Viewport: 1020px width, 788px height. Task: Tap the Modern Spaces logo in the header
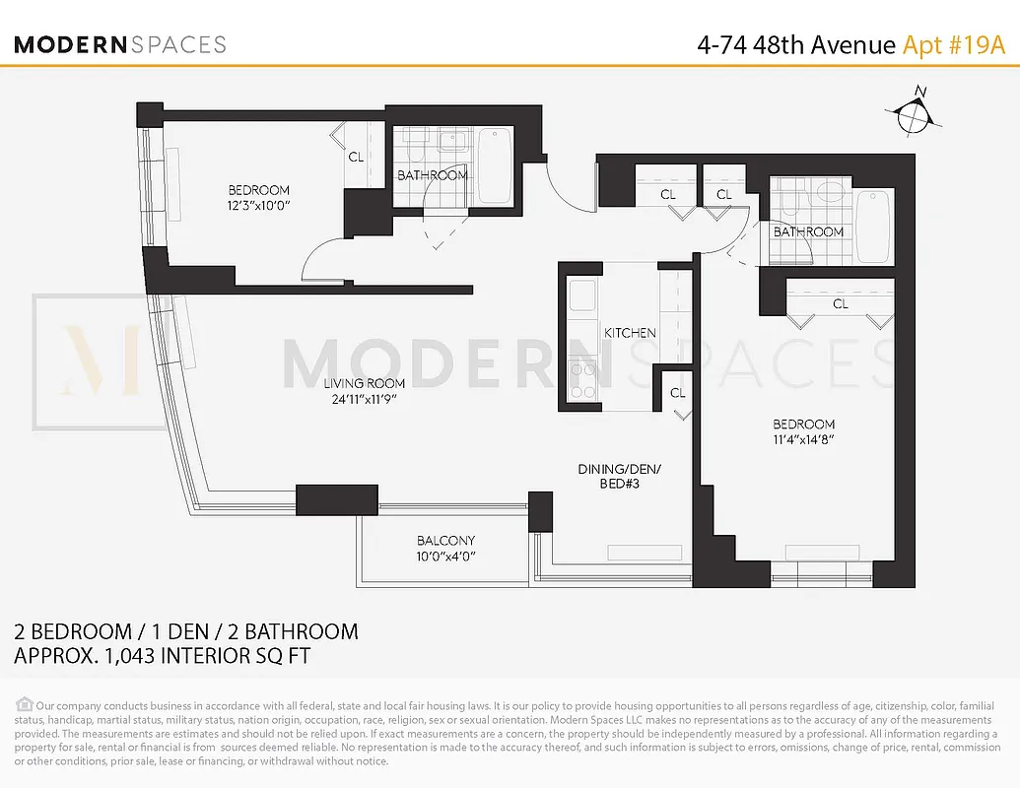click(120, 44)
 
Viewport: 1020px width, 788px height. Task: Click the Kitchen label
click(630, 333)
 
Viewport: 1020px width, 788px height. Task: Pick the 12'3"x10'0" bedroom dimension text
click(258, 207)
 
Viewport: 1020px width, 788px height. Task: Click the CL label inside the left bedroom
click(356, 156)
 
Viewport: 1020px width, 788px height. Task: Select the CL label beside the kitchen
click(677, 392)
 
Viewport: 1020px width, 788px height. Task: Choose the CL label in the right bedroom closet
click(840, 304)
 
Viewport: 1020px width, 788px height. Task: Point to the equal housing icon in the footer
click(25, 704)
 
